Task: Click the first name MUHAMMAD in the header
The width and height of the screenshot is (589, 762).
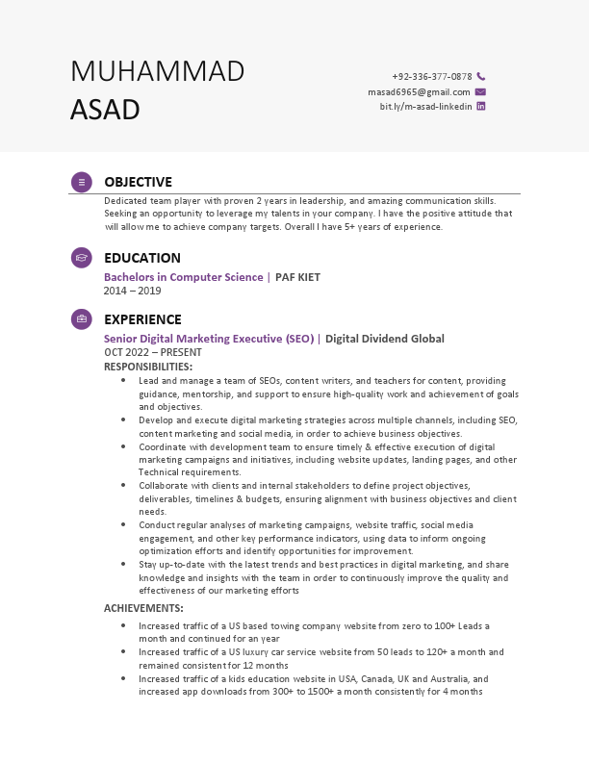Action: point(157,71)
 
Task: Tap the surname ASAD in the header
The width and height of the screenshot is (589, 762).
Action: point(105,110)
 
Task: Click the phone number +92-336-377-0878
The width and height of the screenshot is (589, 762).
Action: point(431,76)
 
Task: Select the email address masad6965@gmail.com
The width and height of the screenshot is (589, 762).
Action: point(419,91)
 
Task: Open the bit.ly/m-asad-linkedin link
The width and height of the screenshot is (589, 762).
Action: point(425,107)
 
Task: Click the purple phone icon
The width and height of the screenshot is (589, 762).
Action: point(481,76)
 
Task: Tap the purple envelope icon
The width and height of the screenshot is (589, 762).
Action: point(481,91)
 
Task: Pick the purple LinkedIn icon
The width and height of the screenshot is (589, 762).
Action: point(481,107)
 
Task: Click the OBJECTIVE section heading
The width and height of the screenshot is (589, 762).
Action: point(138,182)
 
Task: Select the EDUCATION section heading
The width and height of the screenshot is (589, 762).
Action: point(141,258)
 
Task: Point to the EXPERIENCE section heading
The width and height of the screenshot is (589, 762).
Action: point(142,319)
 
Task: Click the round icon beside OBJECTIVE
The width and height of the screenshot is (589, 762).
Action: point(82,182)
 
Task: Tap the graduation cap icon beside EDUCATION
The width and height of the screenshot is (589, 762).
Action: point(82,258)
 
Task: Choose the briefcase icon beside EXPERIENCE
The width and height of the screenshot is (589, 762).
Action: point(82,319)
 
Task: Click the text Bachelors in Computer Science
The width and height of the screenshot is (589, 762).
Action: point(183,277)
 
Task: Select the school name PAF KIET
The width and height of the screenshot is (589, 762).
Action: point(297,277)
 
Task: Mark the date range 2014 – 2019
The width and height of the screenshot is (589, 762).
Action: point(132,291)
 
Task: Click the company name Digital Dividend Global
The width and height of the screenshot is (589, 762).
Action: point(385,339)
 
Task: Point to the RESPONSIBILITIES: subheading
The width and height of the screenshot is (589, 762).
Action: point(148,367)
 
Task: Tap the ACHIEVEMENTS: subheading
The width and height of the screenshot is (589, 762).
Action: point(143,608)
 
